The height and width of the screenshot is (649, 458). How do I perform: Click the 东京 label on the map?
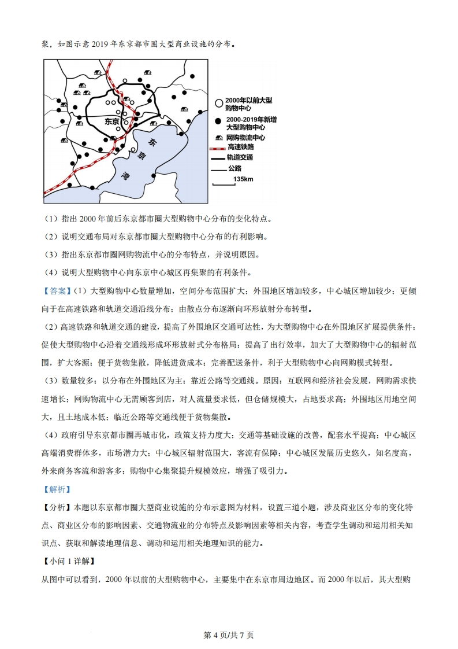click(111, 122)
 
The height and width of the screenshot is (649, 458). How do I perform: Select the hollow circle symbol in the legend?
click(218, 104)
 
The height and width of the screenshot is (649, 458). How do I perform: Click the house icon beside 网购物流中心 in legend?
click(218, 138)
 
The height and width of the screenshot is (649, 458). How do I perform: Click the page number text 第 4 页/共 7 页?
click(229, 635)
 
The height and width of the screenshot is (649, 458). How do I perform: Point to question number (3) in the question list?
click(50, 255)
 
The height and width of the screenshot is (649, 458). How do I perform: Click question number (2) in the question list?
click(50, 237)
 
